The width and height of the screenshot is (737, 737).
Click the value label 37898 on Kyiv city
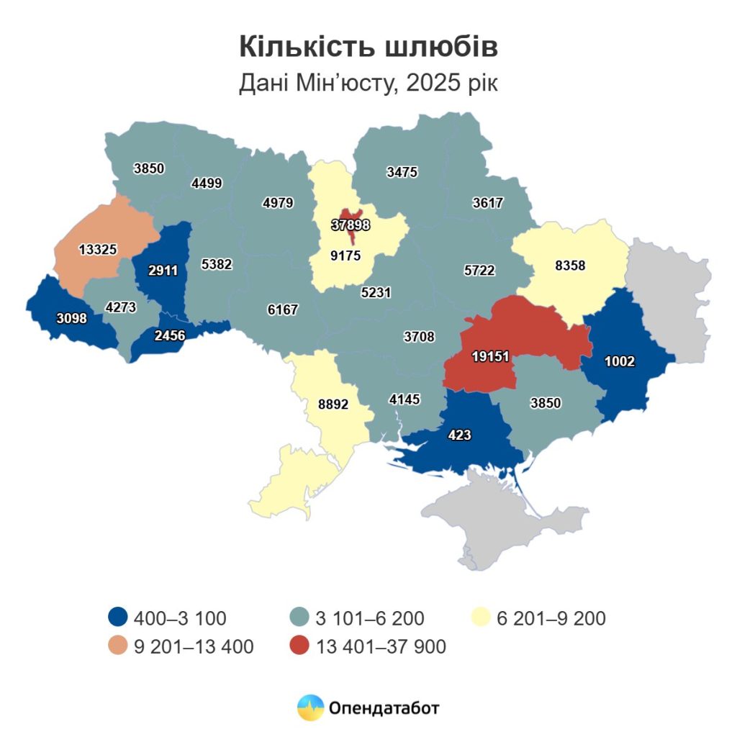point(351,225)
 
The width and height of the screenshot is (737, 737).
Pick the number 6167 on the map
point(282,309)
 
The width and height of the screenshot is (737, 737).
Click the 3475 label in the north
point(402,172)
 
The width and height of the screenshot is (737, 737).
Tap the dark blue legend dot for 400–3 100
point(118,618)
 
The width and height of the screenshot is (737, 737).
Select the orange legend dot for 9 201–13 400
point(118,646)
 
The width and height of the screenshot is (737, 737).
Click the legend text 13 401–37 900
point(381,647)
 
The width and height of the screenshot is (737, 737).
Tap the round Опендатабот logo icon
point(311,708)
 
